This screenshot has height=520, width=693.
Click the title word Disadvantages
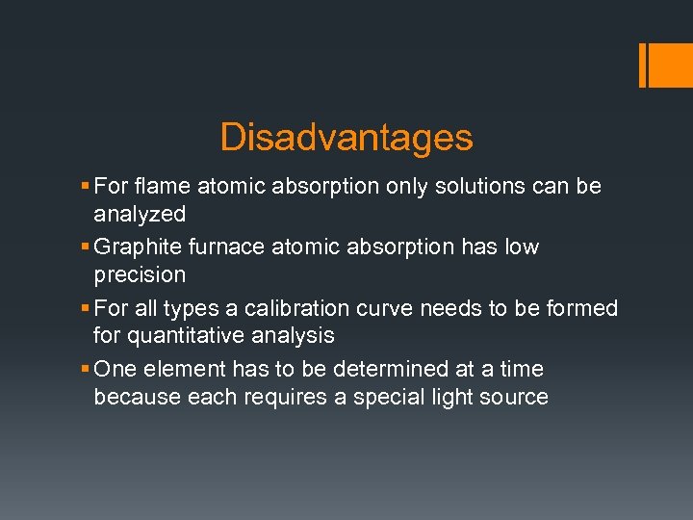[346, 138]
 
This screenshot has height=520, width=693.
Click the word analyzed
[140, 214]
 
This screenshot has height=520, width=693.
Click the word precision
[140, 274]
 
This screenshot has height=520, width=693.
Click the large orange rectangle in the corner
[665, 65]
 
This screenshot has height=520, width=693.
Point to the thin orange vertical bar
[642, 65]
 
